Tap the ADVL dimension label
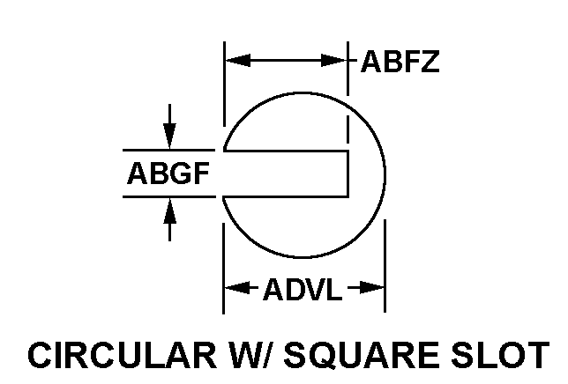[x=302, y=288]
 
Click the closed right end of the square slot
[x=349, y=173]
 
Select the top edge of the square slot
[x=287, y=151]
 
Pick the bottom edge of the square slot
[x=287, y=196]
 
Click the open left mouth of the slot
[x=224, y=173]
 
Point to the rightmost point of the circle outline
[x=385, y=176]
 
